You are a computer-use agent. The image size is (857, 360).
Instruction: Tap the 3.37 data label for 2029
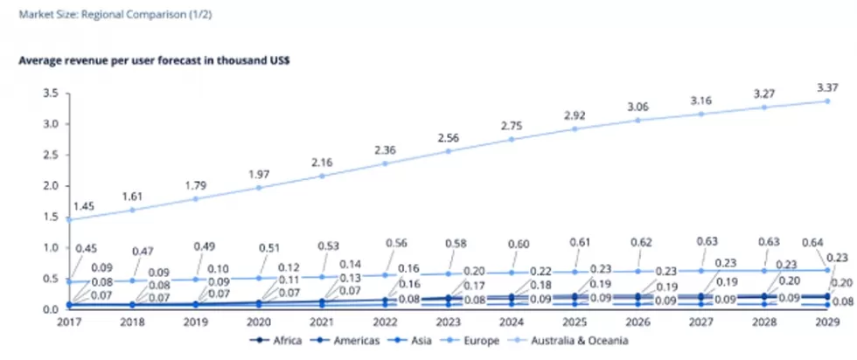pos(827,87)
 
